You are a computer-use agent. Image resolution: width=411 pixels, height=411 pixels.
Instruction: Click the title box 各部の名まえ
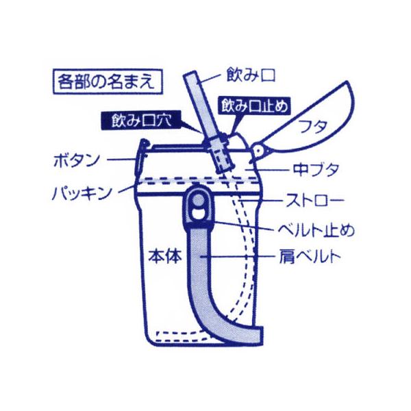click(108, 82)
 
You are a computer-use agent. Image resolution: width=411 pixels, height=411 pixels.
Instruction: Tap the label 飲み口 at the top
click(251, 75)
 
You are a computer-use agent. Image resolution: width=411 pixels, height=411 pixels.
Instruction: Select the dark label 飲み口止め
click(255, 106)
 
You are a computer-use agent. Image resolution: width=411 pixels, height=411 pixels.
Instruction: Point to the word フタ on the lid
click(312, 127)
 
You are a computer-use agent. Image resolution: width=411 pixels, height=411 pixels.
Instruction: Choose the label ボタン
click(77, 160)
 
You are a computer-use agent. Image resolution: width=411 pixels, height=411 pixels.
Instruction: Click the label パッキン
click(82, 193)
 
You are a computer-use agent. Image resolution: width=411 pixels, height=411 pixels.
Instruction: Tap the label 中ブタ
click(316, 170)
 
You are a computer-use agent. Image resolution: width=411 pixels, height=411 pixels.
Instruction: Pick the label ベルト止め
click(316, 230)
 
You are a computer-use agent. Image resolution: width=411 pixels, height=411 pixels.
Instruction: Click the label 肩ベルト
click(310, 256)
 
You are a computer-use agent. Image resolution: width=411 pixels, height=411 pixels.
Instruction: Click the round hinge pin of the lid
click(258, 149)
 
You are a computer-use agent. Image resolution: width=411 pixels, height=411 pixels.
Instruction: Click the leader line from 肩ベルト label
click(237, 256)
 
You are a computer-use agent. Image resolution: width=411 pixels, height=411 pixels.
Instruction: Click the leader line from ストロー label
click(262, 200)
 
